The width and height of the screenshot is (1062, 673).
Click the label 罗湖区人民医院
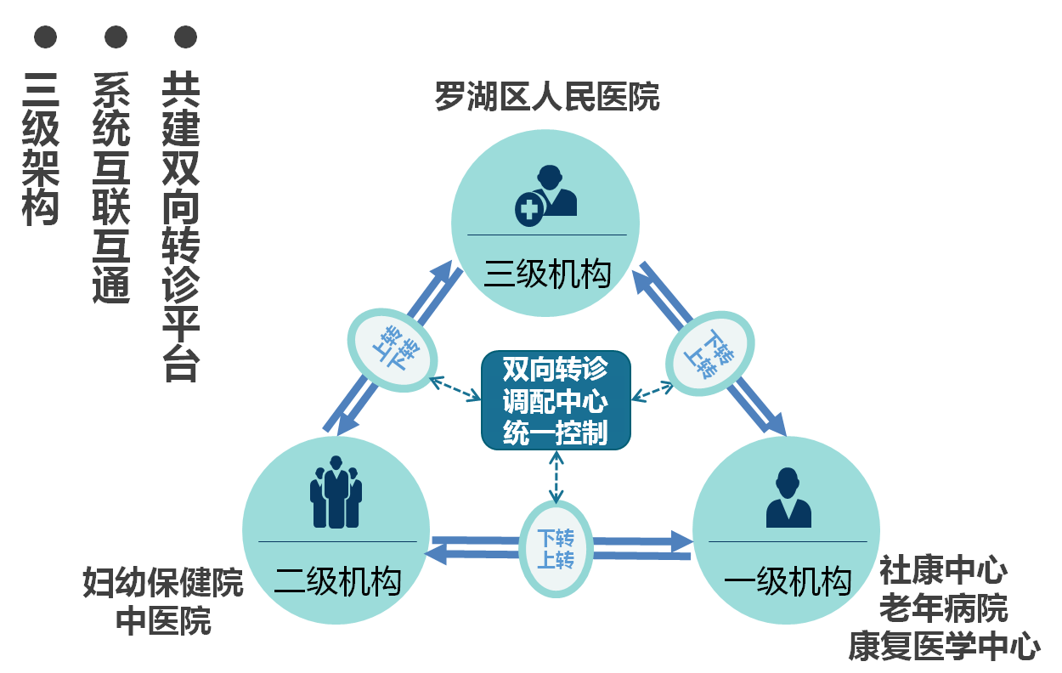pos(546,97)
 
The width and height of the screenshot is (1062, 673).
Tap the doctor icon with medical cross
pos(545,195)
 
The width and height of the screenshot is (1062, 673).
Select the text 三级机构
pos(547,274)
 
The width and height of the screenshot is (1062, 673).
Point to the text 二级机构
pos(337,582)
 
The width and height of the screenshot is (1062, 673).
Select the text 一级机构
pos(788,582)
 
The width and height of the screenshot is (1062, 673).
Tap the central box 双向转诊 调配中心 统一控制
pos(556,400)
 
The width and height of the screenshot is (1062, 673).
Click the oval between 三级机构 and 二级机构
pos(393,349)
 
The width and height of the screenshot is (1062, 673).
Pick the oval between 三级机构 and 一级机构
pos(710,353)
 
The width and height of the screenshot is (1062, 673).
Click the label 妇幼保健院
pos(162,583)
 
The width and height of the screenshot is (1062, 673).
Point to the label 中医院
pos(163,621)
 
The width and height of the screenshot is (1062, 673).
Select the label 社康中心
pos(943,569)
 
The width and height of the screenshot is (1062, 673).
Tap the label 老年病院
pos(943,608)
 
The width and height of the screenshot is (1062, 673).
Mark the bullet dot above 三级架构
pos(45,37)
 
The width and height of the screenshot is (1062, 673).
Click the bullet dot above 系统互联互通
pos(116,37)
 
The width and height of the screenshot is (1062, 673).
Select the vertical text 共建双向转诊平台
pos(181,225)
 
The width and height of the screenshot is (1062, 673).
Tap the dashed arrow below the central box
pos(556,476)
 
